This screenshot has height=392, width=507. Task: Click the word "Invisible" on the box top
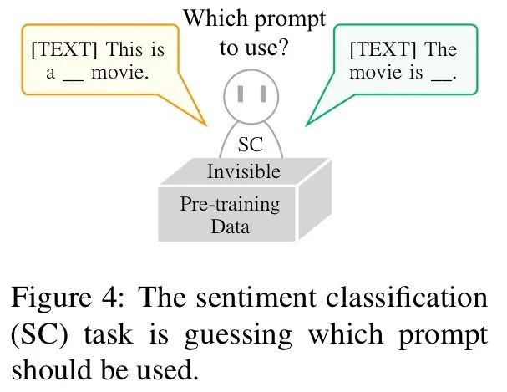243,171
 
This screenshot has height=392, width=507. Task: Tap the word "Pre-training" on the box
231,204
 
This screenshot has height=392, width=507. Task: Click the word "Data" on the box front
231,226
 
